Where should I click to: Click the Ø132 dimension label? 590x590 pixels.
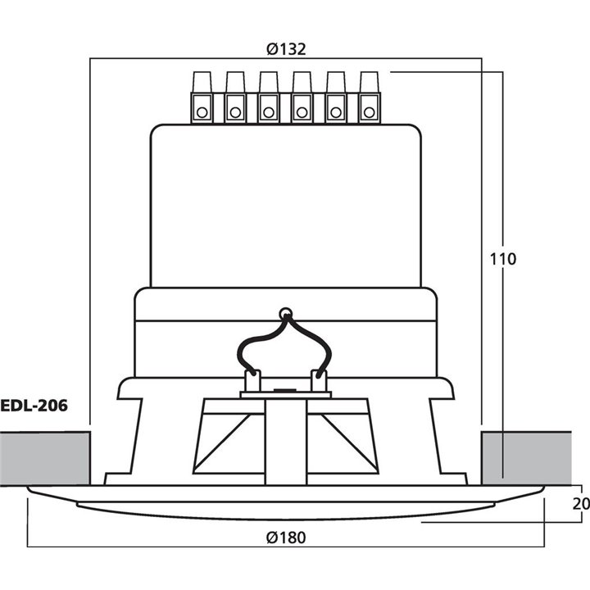point(286,49)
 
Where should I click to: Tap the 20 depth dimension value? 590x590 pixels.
point(580,503)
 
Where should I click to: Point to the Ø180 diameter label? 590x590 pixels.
point(286,538)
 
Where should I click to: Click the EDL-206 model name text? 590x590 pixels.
point(34,404)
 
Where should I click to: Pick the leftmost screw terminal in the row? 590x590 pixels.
point(202,98)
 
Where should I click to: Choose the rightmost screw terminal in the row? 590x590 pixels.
point(369,98)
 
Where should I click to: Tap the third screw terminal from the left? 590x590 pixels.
point(269,98)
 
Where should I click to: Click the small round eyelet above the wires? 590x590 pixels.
point(285,312)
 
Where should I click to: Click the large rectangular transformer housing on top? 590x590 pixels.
point(285,205)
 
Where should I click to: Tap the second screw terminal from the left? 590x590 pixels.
point(235,98)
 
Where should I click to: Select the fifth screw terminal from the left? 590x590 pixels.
point(335,98)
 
